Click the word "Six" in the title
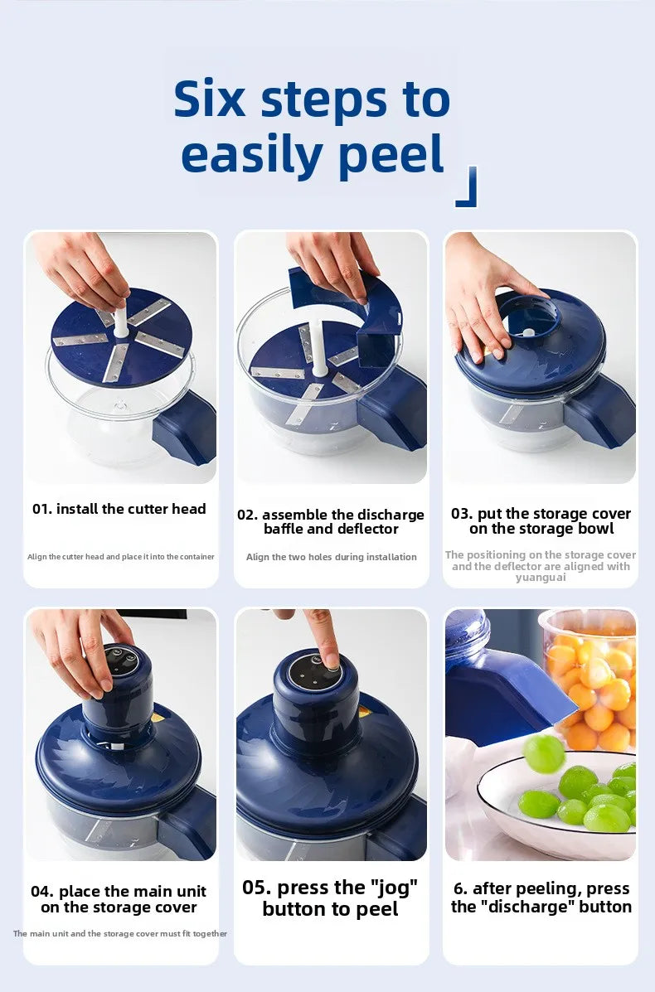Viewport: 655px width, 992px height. coord(210,100)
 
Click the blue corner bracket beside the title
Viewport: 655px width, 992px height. coord(468,189)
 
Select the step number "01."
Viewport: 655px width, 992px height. coord(42,509)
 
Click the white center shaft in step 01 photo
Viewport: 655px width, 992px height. coord(121,320)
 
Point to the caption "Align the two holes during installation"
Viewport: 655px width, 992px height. coord(331,557)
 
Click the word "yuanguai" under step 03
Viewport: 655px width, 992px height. coord(540,578)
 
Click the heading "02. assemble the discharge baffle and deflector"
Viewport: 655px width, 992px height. coord(331,521)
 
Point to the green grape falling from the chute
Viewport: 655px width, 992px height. coord(543,753)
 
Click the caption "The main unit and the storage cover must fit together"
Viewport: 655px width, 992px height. coord(120,934)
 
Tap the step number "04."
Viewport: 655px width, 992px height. coord(42,892)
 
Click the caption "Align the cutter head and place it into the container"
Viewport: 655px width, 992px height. coord(121,557)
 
